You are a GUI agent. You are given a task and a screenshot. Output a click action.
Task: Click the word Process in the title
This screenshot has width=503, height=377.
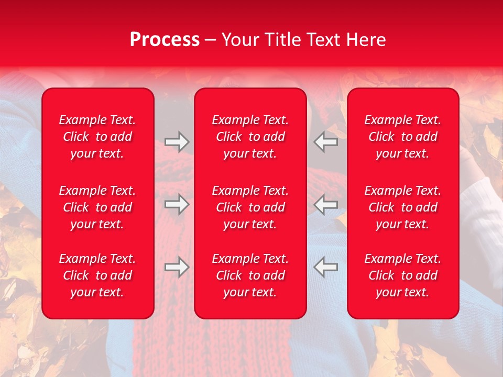click(165, 40)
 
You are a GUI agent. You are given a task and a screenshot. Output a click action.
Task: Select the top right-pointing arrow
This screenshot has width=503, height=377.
click(177, 141)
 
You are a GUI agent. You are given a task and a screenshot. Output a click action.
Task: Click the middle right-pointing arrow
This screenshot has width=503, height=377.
click(177, 204)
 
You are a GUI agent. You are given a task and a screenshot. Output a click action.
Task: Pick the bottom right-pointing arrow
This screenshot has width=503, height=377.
click(177, 267)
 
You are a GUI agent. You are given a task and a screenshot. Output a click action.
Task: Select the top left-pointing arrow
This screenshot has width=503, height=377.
click(325, 141)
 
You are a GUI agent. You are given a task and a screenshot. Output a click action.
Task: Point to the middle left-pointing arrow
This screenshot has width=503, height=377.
click(325, 204)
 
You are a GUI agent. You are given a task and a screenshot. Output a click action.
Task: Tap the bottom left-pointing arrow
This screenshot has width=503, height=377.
click(325, 267)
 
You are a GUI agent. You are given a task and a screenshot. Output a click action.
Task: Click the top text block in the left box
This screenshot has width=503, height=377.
click(97, 137)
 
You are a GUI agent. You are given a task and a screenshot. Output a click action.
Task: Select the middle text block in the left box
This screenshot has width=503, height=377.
click(97, 207)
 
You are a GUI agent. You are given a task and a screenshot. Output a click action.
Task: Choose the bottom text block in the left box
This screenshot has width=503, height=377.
click(97, 275)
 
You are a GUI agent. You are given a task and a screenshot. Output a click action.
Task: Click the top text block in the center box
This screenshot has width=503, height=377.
click(250, 137)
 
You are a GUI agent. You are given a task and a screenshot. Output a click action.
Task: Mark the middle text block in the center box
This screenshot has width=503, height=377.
click(250, 207)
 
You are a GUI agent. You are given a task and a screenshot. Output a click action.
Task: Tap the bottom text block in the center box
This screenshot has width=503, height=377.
click(250, 275)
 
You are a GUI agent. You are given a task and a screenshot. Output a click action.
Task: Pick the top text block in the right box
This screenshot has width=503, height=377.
click(403, 137)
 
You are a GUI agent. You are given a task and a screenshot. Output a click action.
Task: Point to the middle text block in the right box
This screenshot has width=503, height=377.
click(403, 207)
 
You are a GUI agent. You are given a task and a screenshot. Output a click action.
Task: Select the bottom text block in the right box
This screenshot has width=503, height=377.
click(403, 275)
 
